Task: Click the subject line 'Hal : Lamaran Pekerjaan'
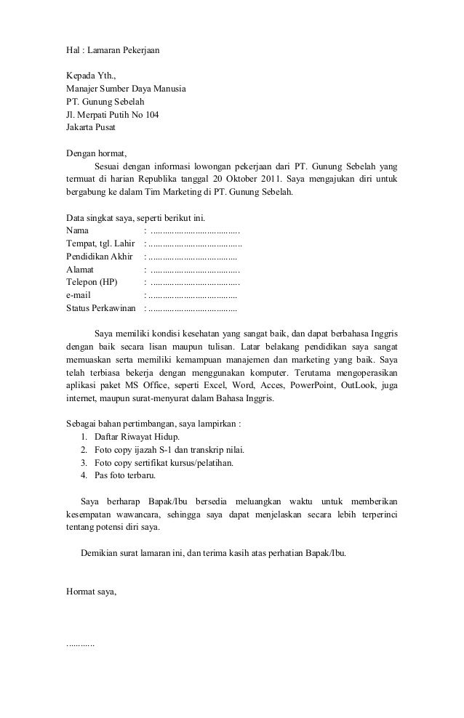click(113, 50)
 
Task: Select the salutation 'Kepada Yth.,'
click(91, 76)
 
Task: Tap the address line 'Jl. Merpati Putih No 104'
click(113, 115)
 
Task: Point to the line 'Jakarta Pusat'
click(91, 128)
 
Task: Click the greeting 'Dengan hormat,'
click(96, 153)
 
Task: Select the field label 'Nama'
click(77, 230)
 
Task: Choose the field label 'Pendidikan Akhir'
click(99, 257)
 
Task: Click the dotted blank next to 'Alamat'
click(195, 270)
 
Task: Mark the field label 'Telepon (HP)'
click(91, 283)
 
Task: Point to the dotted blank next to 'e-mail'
click(192, 296)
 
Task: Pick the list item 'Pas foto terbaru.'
click(125, 476)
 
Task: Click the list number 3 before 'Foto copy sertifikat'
click(84, 463)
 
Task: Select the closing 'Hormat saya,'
click(91, 592)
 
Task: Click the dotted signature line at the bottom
click(80, 644)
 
